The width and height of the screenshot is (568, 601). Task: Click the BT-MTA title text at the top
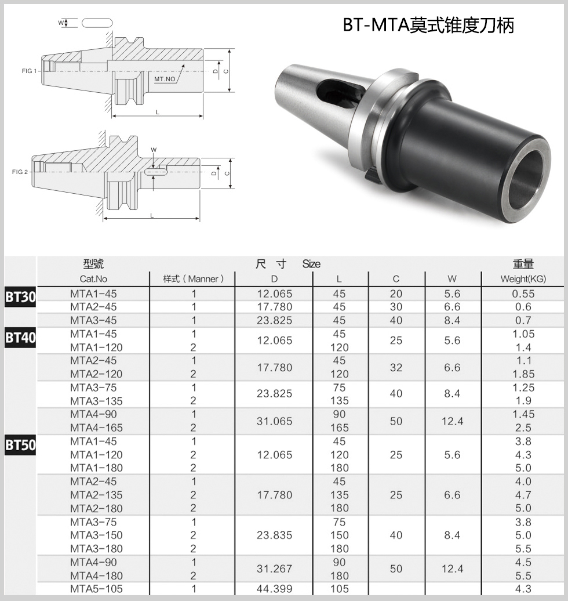point(428,25)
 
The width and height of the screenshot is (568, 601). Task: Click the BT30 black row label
point(20,297)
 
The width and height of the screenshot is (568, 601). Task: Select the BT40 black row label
point(20,337)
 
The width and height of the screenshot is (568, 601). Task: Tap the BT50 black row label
point(20,445)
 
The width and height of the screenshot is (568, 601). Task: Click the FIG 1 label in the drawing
point(28,71)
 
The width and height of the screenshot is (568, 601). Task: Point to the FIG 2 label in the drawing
point(20,172)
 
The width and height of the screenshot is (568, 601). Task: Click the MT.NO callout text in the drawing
point(165,78)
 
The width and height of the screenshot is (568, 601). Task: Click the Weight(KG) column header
point(523,279)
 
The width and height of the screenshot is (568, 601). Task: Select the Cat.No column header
point(93,279)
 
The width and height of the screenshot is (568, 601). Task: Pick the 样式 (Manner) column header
point(193,279)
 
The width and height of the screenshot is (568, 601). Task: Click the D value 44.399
point(275,589)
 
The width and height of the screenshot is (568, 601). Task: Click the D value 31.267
point(275,569)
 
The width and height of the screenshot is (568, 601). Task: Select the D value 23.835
point(275,535)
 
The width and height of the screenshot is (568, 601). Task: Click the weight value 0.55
point(523,294)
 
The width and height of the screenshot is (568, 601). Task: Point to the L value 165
point(339,428)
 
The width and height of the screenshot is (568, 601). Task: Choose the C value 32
point(396,367)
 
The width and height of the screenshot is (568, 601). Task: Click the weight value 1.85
point(523,374)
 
